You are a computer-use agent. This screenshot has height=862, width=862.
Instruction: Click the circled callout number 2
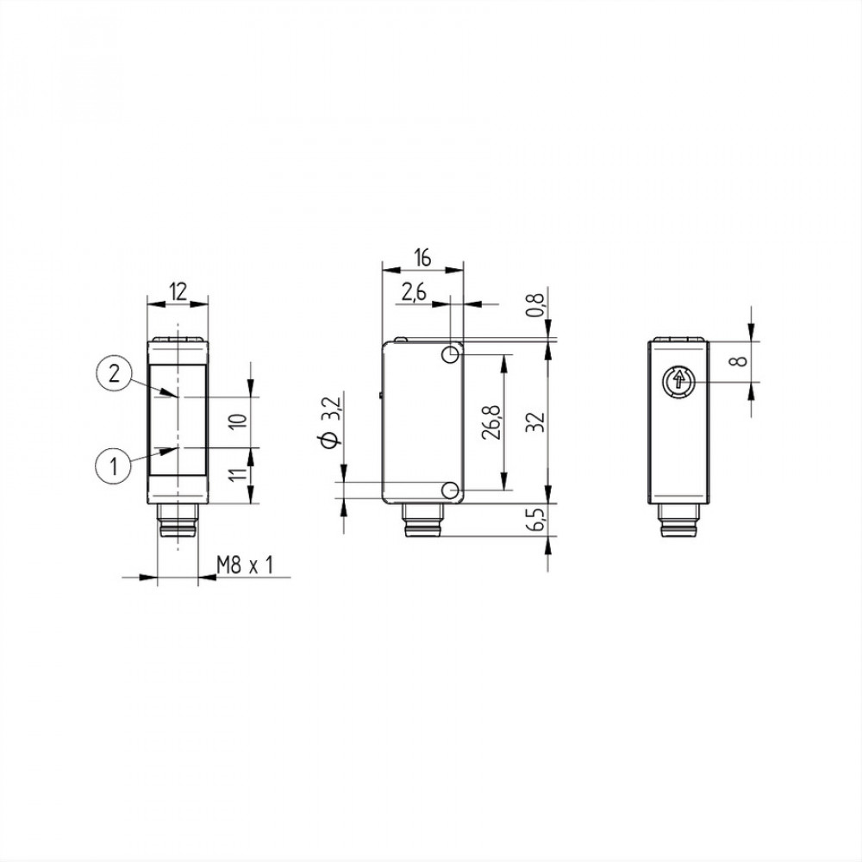coord(114,374)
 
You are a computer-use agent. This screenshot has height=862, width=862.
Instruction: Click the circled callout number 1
coord(114,466)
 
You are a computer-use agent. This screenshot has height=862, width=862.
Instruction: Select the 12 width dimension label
coord(178,291)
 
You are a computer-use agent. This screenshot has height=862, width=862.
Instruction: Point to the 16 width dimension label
coord(422,258)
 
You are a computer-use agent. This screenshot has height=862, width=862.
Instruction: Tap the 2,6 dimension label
coord(414,293)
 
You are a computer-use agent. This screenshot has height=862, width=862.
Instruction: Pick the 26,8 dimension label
coord(491,422)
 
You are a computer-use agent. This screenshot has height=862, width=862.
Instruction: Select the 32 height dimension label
coord(536,422)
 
